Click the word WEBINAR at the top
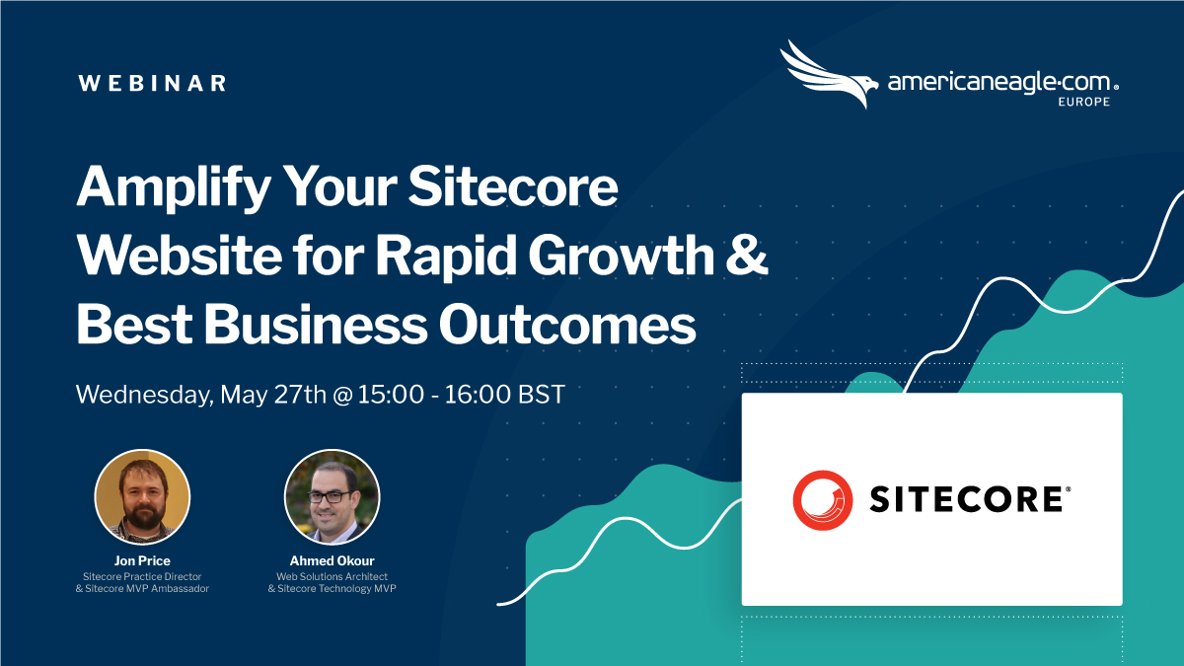[152, 83]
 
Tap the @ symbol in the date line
[342, 395]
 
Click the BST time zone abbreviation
[539, 395]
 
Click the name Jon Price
[142, 560]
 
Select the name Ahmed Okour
[332, 560]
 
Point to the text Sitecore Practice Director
[142, 575]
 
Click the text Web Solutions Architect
[332, 575]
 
